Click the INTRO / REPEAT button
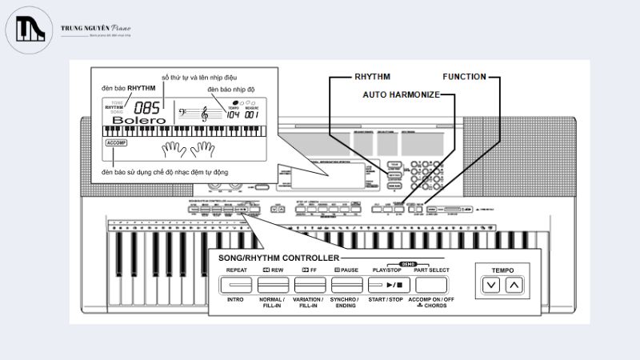point(235,285)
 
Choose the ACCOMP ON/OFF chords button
point(430,285)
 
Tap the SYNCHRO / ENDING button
point(346,285)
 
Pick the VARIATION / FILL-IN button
point(309,285)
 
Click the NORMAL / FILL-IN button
point(272,285)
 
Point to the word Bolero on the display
point(134,121)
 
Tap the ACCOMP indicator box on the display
point(116,143)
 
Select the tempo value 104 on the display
point(233,114)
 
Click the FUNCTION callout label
point(464,77)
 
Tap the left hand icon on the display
point(171,150)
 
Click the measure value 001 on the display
point(252,114)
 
